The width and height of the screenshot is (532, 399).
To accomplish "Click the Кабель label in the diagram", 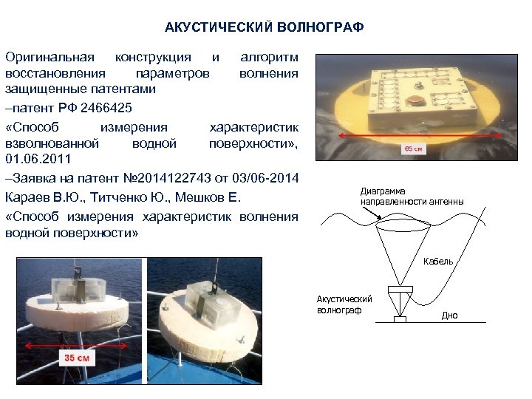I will pyautogui.click(x=438, y=262).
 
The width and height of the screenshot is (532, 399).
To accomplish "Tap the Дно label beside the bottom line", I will pyautogui.click(x=450, y=316).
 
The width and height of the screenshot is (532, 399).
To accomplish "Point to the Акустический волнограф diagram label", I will pyautogui.click(x=344, y=304).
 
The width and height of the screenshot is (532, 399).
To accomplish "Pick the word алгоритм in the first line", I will pyautogui.click(x=270, y=57).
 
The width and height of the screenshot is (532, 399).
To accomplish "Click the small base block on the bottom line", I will pyautogui.click(x=400, y=319).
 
